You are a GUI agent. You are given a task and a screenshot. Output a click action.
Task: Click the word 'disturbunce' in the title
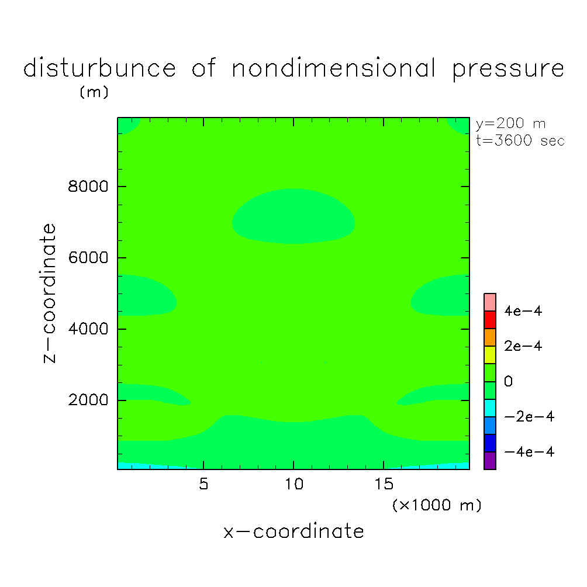pos(99,69)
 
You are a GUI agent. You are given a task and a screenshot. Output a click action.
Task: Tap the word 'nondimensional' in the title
pos(334,69)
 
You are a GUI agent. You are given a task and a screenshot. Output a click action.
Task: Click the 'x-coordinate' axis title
pos(293,531)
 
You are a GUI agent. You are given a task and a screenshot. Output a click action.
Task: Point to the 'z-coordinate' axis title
pos(51,293)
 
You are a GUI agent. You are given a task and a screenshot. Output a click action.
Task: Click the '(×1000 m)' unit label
pos(437,505)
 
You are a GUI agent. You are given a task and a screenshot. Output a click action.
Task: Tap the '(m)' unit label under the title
pos(94,92)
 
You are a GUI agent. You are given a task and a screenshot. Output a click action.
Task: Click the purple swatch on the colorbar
pos(490,461)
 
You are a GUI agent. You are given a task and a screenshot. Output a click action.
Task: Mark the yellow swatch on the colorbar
pos(490,354)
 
